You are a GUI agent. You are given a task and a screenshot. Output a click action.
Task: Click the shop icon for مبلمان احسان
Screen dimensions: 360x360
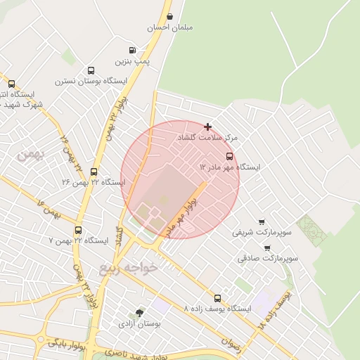169,16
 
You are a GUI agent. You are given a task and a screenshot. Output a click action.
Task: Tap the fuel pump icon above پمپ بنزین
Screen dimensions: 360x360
132,50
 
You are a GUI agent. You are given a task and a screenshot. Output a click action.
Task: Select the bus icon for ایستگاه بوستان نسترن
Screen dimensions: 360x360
91,70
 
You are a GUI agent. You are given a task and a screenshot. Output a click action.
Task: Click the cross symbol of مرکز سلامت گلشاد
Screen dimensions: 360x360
207,127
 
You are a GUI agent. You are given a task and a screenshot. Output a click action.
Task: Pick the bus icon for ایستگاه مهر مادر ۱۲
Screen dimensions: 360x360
229,156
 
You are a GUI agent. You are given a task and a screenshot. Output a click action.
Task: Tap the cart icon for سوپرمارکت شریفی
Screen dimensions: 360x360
262,221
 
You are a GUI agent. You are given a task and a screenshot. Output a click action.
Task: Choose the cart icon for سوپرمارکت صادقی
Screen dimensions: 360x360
267,247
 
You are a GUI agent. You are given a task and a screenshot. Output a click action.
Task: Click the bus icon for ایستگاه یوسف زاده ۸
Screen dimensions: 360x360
217,298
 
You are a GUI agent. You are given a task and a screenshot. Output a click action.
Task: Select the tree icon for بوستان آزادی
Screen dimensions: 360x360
140,313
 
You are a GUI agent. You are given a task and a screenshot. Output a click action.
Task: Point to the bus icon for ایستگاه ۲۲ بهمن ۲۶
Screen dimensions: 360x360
94,172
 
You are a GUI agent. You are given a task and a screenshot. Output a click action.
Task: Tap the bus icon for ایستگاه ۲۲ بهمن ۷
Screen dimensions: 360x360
78,230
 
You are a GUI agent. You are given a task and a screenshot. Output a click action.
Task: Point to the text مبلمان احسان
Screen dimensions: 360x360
169,28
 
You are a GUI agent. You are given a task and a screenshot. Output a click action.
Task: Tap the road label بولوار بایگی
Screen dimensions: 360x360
66,345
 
